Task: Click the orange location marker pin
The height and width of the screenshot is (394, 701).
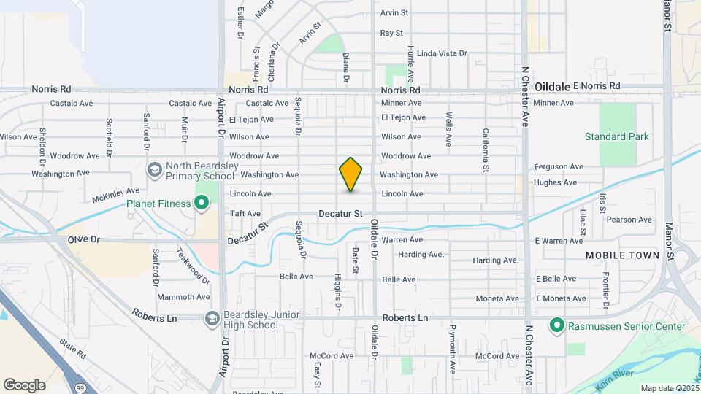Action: (x=351, y=174)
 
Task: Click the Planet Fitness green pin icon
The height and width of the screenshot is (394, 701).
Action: (x=202, y=204)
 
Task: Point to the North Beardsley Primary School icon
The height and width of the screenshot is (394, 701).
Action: (x=154, y=171)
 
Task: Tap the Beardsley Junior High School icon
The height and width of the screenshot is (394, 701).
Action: (x=212, y=319)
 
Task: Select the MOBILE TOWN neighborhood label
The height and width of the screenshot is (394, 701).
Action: (x=623, y=255)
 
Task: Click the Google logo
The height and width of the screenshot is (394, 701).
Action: (x=24, y=385)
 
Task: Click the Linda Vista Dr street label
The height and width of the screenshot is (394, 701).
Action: (x=441, y=53)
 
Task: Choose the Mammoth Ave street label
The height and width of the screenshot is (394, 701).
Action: (x=183, y=297)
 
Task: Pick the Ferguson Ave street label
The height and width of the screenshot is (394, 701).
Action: (x=559, y=167)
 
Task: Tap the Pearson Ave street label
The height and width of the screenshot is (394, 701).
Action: (x=629, y=220)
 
